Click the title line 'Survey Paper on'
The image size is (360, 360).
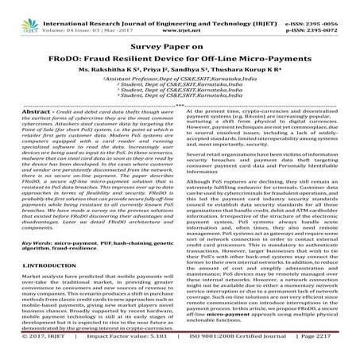click(180, 36)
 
